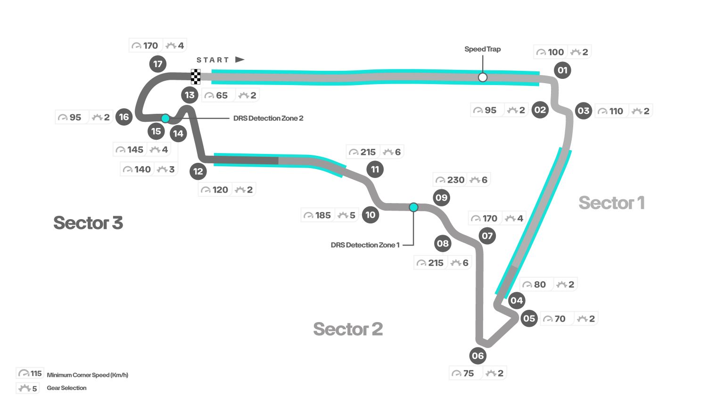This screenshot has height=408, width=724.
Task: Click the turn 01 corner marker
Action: click(x=562, y=70)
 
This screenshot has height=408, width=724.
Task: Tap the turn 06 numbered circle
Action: click(x=477, y=356)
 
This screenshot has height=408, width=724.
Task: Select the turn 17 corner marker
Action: click(x=158, y=64)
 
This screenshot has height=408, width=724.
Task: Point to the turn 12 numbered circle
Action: click(x=198, y=171)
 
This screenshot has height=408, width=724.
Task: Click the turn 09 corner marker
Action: click(x=441, y=197)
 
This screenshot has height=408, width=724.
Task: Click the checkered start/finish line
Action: click(x=196, y=76)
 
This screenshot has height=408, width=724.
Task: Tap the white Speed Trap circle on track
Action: click(x=482, y=77)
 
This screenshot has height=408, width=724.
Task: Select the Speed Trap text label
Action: click(x=482, y=49)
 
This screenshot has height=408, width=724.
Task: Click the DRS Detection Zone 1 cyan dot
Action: click(x=413, y=207)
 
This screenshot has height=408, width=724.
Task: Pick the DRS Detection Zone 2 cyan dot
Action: click(x=165, y=118)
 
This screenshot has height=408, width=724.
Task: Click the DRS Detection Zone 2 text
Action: click(x=268, y=118)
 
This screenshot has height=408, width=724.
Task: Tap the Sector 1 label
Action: click(x=611, y=203)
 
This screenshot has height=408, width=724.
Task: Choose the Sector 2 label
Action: click(x=348, y=329)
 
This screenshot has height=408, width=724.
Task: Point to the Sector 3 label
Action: click(x=88, y=223)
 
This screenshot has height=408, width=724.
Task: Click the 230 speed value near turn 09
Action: click(x=455, y=180)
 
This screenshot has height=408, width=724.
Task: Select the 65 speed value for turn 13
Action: click(x=222, y=95)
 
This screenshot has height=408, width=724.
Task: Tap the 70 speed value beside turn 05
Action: click(x=559, y=319)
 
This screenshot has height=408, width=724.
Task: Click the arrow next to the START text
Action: click(x=239, y=59)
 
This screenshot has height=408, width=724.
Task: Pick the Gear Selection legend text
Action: click(x=66, y=388)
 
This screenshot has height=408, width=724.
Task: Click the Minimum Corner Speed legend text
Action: click(x=87, y=375)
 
